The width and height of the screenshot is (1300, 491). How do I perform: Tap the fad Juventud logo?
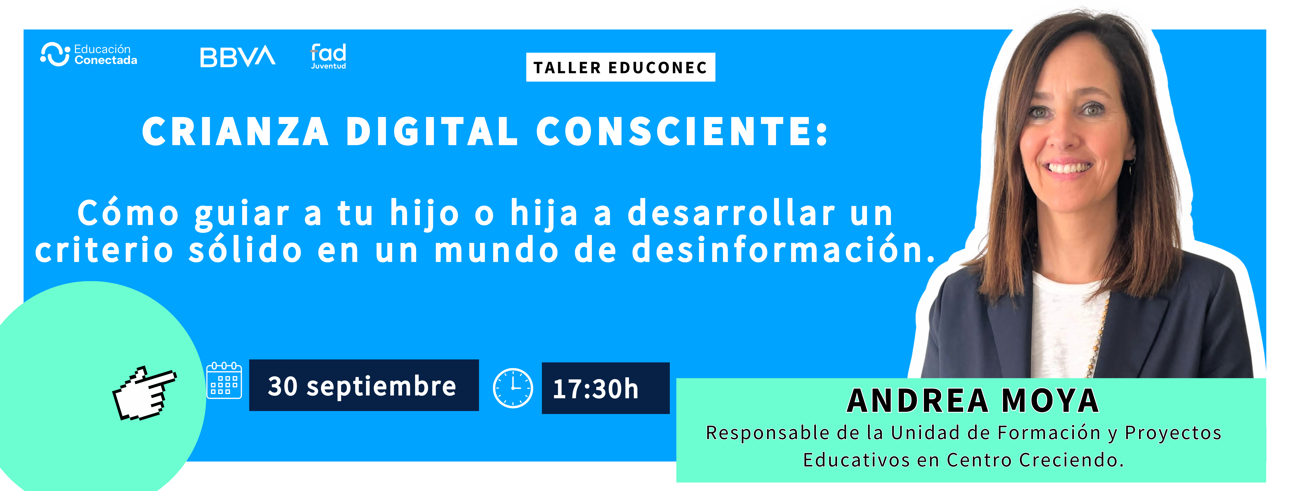point(328,56)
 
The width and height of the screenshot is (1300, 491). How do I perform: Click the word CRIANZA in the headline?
point(236,131)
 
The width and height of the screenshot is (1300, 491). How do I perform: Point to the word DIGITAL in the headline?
point(432,131)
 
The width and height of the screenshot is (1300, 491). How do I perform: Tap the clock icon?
point(513,388)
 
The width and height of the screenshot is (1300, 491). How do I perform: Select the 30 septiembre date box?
point(364,385)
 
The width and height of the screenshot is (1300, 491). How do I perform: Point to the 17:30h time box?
point(606,388)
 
